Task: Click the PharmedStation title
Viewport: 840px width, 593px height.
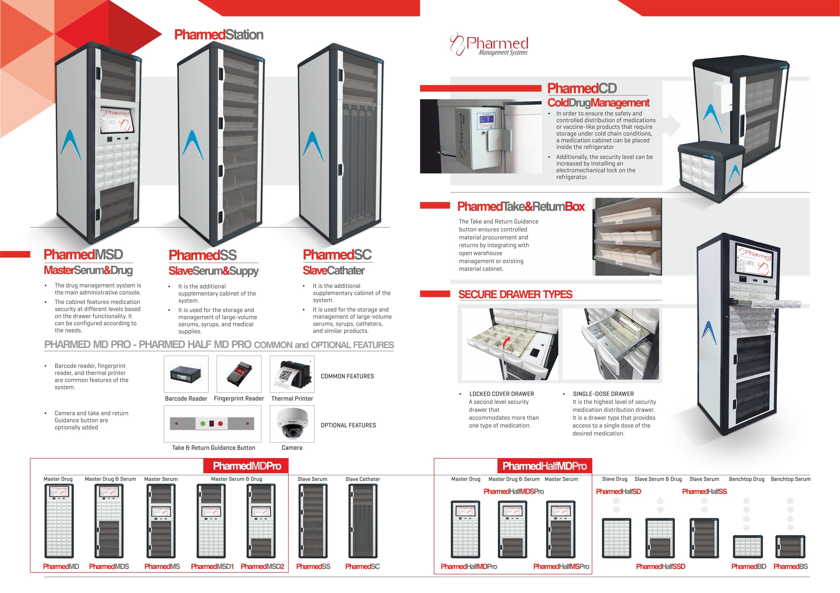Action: coord(219,35)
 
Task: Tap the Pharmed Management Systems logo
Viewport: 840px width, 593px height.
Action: coord(489,45)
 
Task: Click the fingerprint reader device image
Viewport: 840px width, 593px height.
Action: coord(239,374)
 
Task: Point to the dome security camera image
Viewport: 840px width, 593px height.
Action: coord(292,424)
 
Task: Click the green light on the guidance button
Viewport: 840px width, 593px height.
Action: coord(203,424)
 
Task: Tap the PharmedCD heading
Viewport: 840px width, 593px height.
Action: coord(582,88)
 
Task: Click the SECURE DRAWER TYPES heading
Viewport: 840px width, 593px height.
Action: coord(515,294)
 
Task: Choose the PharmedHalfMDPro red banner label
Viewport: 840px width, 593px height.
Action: coord(545,466)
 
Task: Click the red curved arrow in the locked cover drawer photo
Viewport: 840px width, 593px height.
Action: coord(506,344)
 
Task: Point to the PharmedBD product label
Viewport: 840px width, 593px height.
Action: coord(748,566)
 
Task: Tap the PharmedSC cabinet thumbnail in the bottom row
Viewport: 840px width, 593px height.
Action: coord(363,521)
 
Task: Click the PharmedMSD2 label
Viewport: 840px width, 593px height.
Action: coord(262,566)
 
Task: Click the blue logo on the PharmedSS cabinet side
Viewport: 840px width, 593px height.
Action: coord(193,145)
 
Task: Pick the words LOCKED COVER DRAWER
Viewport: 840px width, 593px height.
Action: coord(502,394)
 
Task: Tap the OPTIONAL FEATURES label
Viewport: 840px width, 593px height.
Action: coord(348,425)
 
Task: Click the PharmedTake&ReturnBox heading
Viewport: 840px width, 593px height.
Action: coord(521,207)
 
